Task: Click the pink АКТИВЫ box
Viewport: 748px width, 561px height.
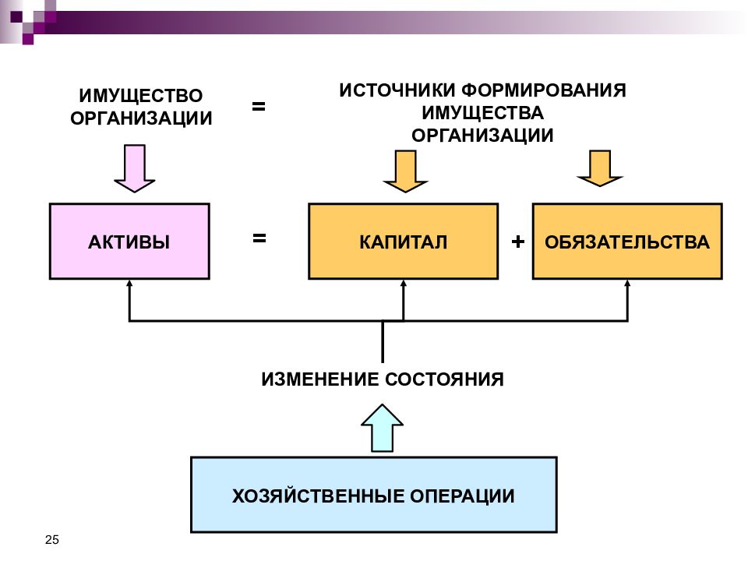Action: (x=129, y=242)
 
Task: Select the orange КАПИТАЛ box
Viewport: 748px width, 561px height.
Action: (x=403, y=242)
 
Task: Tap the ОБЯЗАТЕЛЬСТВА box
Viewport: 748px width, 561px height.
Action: (x=627, y=242)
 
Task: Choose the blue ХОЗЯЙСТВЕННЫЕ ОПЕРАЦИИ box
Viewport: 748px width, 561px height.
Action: (x=373, y=495)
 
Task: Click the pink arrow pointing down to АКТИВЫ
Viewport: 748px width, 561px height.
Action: (x=135, y=169)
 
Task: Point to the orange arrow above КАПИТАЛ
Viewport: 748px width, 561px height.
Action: (x=405, y=171)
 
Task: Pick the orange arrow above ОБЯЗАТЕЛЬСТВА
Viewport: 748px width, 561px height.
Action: (x=600, y=168)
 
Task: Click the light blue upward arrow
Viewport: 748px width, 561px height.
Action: (x=382, y=428)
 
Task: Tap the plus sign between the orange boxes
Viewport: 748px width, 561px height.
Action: (x=517, y=242)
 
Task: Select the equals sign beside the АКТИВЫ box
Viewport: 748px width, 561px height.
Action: (x=259, y=238)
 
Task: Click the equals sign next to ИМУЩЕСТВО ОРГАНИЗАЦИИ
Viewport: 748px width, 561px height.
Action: (x=259, y=106)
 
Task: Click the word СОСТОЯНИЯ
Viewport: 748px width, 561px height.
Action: (x=444, y=379)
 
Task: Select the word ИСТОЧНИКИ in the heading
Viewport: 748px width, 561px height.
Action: (x=397, y=90)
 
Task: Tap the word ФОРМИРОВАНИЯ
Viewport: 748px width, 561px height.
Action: (x=544, y=90)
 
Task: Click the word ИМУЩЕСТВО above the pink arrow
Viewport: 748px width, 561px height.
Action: (x=141, y=95)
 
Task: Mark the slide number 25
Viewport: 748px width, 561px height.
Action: (x=52, y=539)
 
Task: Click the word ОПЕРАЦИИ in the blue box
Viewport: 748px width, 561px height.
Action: (x=462, y=496)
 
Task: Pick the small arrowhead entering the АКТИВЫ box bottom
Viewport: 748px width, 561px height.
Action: (x=129, y=284)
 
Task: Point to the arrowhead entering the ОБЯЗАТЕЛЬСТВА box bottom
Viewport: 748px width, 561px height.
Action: (x=627, y=284)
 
